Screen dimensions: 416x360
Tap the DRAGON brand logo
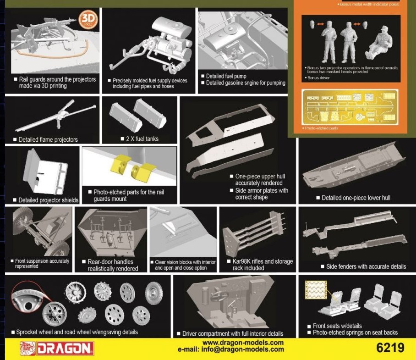click(x=57, y=349)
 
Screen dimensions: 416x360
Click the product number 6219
click(x=390, y=348)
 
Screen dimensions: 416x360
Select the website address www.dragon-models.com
click(x=243, y=343)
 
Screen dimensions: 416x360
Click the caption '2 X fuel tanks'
click(x=142, y=139)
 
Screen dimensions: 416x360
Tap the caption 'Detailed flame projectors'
click(x=48, y=140)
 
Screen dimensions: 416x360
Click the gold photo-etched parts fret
click(x=350, y=107)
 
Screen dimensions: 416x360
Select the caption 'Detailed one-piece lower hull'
click(x=356, y=198)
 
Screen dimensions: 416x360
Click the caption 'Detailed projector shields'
click(x=48, y=200)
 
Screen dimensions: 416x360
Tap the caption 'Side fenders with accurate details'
click(x=366, y=266)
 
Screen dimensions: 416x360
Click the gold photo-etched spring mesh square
click(x=316, y=290)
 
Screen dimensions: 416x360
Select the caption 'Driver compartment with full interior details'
click(x=233, y=334)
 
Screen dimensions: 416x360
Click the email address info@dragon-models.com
click(x=242, y=349)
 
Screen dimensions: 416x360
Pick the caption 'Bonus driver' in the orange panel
click(x=318, y=78)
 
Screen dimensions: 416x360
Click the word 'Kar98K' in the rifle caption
click(x=241, y=261)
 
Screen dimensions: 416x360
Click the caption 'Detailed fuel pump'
click(x=226, y=76)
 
